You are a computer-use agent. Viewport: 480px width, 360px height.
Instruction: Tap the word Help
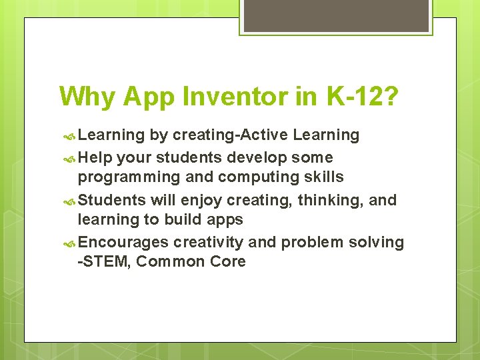(95, 158)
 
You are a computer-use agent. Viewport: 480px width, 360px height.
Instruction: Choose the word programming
(129, 177)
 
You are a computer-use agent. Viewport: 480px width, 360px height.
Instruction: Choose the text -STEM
(104, 261)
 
